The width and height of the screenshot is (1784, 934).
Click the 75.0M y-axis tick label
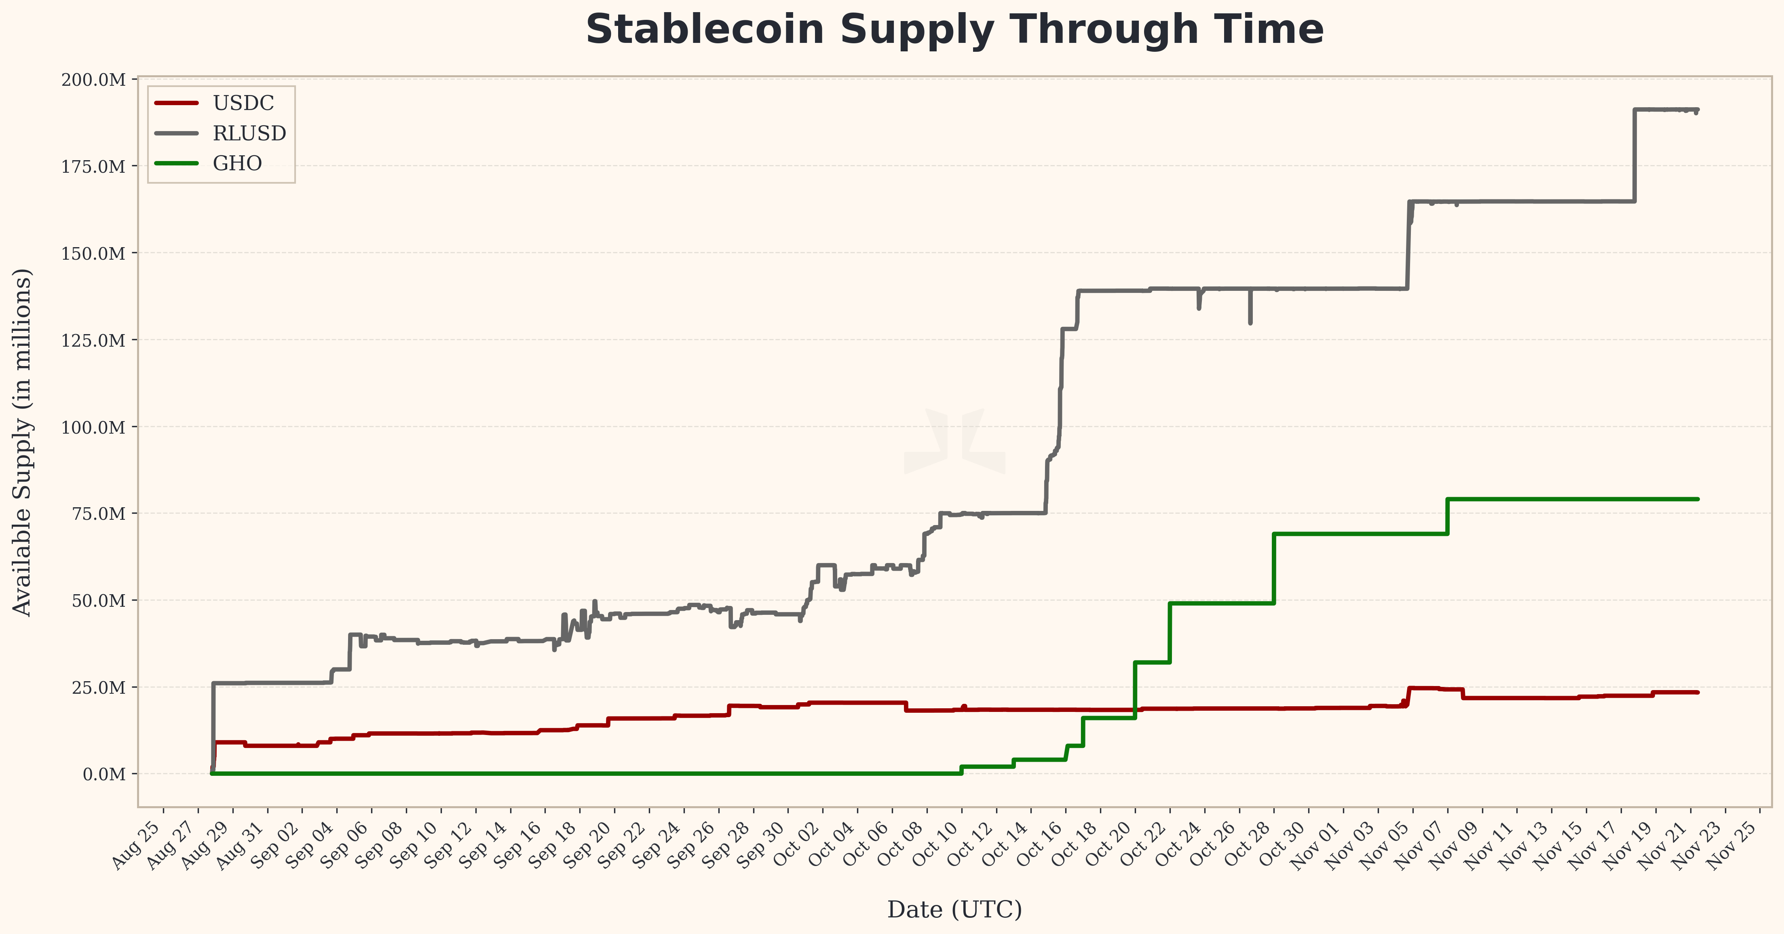point(99,514)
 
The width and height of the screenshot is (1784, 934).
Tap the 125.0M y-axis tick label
point(93,340)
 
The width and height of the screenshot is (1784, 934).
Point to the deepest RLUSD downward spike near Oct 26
point(1250,322)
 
